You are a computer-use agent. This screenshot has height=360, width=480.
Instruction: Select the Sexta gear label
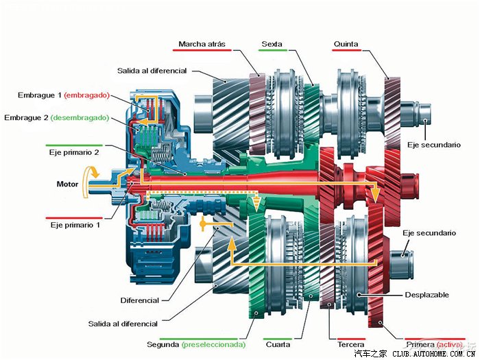pyautogui.click(x=272, y=45)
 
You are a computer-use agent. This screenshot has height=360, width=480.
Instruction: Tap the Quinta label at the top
pyautogui.click(x=346, y=45)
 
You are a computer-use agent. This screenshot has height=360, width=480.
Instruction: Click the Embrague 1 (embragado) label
pyautogui.click(x=62, y=95)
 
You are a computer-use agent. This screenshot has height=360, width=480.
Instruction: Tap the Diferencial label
pyautogui.click(x=139, y=300)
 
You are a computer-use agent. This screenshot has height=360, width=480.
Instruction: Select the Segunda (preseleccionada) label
pyautogui.click(x=195, y=344)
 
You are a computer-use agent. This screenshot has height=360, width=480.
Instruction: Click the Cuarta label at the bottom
pyautogui.click(x=278, y=344)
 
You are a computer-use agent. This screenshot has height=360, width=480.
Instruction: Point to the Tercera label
pyautogui.click(x=350, y=344)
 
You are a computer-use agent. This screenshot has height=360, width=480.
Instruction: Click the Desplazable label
pyautogui.click(x=427, y=295)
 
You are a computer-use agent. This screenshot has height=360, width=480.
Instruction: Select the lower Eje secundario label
pyautogui.click(x=429, y=233)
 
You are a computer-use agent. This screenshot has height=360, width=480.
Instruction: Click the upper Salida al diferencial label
pyautogui.click(x=152, y=71)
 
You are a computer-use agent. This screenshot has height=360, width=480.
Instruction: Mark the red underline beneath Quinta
pyautogui.click(x=346, y=51)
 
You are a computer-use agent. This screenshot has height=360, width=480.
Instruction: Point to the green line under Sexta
pyautogui.click(x=272, y=51)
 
